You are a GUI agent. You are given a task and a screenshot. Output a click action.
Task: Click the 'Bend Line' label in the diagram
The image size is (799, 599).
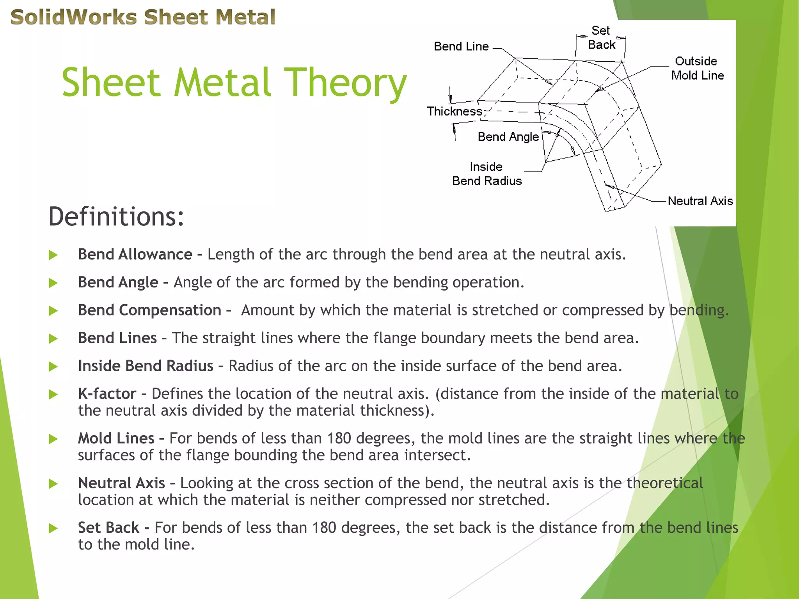(461, 46)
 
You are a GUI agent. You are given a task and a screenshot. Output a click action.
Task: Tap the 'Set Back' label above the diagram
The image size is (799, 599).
(601, 38)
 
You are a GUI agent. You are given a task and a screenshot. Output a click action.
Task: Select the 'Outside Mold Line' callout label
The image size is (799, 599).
(697, 68)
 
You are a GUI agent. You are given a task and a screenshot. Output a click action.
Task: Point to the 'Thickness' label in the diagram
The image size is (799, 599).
(455, 112)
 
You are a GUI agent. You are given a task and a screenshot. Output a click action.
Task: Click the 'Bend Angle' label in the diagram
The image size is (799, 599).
(508, 137)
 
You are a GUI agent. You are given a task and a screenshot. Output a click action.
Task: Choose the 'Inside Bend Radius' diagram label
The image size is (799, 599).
(487, 174)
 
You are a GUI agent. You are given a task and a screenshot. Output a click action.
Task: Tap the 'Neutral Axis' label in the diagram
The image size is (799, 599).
(700, 201)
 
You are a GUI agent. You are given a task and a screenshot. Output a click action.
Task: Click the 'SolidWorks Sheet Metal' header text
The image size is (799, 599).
(143, 17)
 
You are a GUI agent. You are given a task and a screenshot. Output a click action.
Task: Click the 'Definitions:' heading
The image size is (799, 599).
(116, 216)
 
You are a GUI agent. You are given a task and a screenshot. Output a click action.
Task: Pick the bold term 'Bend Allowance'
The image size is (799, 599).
(135, 254)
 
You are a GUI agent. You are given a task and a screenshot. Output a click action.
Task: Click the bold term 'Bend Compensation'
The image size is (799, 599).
(150, 310)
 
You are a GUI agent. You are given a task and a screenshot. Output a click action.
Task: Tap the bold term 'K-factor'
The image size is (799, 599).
(107, 394)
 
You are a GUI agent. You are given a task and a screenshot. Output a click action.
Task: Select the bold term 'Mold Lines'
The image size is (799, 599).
(116, 438)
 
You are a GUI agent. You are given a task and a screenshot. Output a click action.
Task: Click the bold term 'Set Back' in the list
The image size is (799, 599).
(108, 528)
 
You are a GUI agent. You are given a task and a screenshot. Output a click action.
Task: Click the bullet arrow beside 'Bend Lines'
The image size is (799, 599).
(53, 338)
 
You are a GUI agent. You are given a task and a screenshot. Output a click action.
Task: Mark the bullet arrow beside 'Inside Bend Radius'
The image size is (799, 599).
(53, 367)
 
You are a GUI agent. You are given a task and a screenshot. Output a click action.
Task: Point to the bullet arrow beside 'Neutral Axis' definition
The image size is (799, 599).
(53, 484)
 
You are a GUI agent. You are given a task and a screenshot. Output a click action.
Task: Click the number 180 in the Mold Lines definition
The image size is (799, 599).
(339, 438)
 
